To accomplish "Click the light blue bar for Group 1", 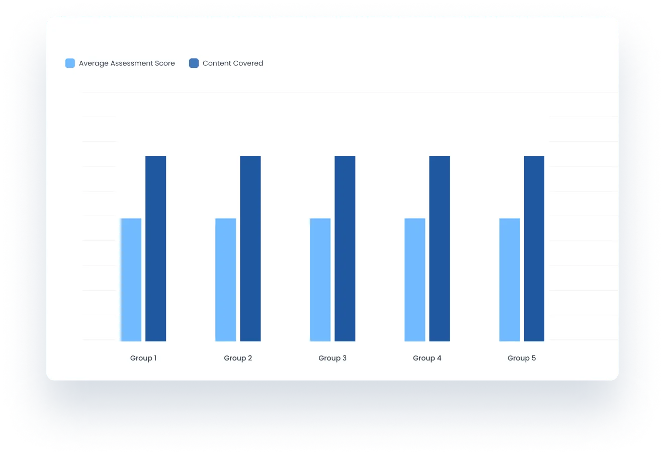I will (131, 280).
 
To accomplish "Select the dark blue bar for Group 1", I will (156, 248).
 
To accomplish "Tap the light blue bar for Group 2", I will (226, 280).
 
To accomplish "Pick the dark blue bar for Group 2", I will (251, 248).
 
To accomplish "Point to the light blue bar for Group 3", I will (320, 280).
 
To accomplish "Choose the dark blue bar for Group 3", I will (345, 248).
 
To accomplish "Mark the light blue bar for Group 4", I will (415, 280).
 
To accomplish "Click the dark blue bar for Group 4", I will (440, 248).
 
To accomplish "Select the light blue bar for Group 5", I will (510, 280).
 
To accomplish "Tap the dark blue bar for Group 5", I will (534, 248).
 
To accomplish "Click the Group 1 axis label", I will (143, 358).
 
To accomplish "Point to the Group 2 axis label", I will (238, 358).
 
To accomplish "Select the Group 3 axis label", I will (332, 358).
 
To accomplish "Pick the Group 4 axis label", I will (427, 358).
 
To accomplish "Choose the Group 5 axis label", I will (522, 358).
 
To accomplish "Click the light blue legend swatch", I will (70, 63).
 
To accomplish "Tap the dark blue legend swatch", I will (194, 63).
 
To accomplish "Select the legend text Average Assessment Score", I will (127, 63).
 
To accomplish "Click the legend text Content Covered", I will (233, 63).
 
